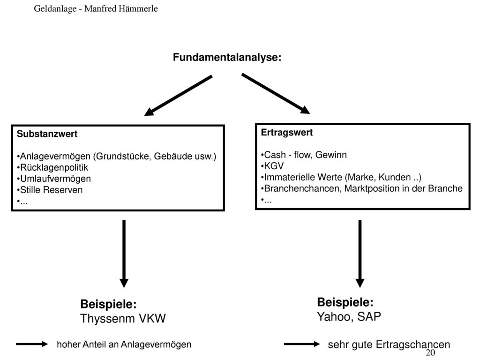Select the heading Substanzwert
pos(47,134)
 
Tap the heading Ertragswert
pos(286,133)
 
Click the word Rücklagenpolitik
pos(54,167)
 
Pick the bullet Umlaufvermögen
pos(54,179)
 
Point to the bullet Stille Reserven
pos(50,190)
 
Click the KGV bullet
pos(272,166)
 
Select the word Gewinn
pos(331,155)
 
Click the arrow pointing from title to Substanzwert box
pos(178,96)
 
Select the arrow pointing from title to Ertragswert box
pos(276,94)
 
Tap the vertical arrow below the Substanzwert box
pos(124,254)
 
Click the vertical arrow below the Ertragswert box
pos(360,254)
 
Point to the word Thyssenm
pos(107,319)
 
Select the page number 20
pos(430,352)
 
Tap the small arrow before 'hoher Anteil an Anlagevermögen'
pos(32,344)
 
